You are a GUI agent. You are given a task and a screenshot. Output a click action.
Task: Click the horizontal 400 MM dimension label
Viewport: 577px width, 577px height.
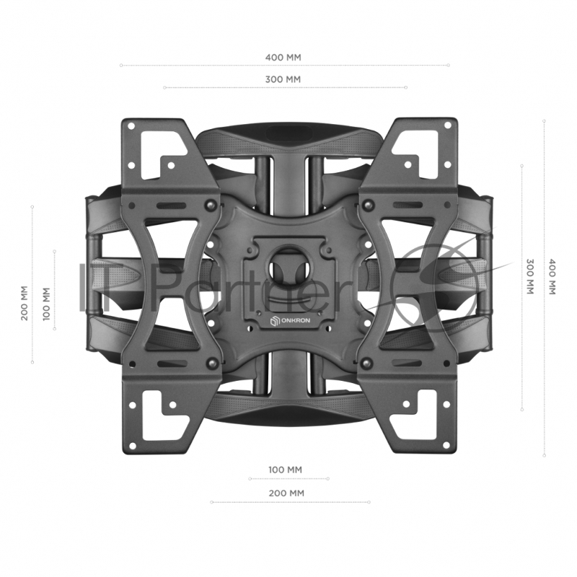click(x=283, y=56)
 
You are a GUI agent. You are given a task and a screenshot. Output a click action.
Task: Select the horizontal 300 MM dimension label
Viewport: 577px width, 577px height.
click(x=283, y=79)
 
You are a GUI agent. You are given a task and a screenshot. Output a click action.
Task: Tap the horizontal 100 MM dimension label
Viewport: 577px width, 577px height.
click(x=285, y=470)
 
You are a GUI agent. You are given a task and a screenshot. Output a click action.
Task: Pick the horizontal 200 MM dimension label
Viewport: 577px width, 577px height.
click(x=286, y=493)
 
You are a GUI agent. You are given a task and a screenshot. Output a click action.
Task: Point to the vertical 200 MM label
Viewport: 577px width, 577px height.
click(x=25, y=303)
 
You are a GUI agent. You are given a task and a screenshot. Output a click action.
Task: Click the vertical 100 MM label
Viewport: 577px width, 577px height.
click(x=47, y=304)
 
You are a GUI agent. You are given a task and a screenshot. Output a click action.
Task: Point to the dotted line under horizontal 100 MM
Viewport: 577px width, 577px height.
click(x=288, y=478)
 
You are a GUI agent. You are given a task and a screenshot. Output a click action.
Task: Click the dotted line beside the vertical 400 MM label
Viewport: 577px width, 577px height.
click(x=544, y=288)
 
